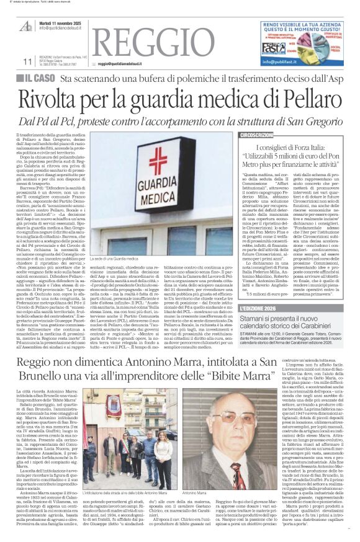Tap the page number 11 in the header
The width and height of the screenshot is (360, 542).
pos(27,61)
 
